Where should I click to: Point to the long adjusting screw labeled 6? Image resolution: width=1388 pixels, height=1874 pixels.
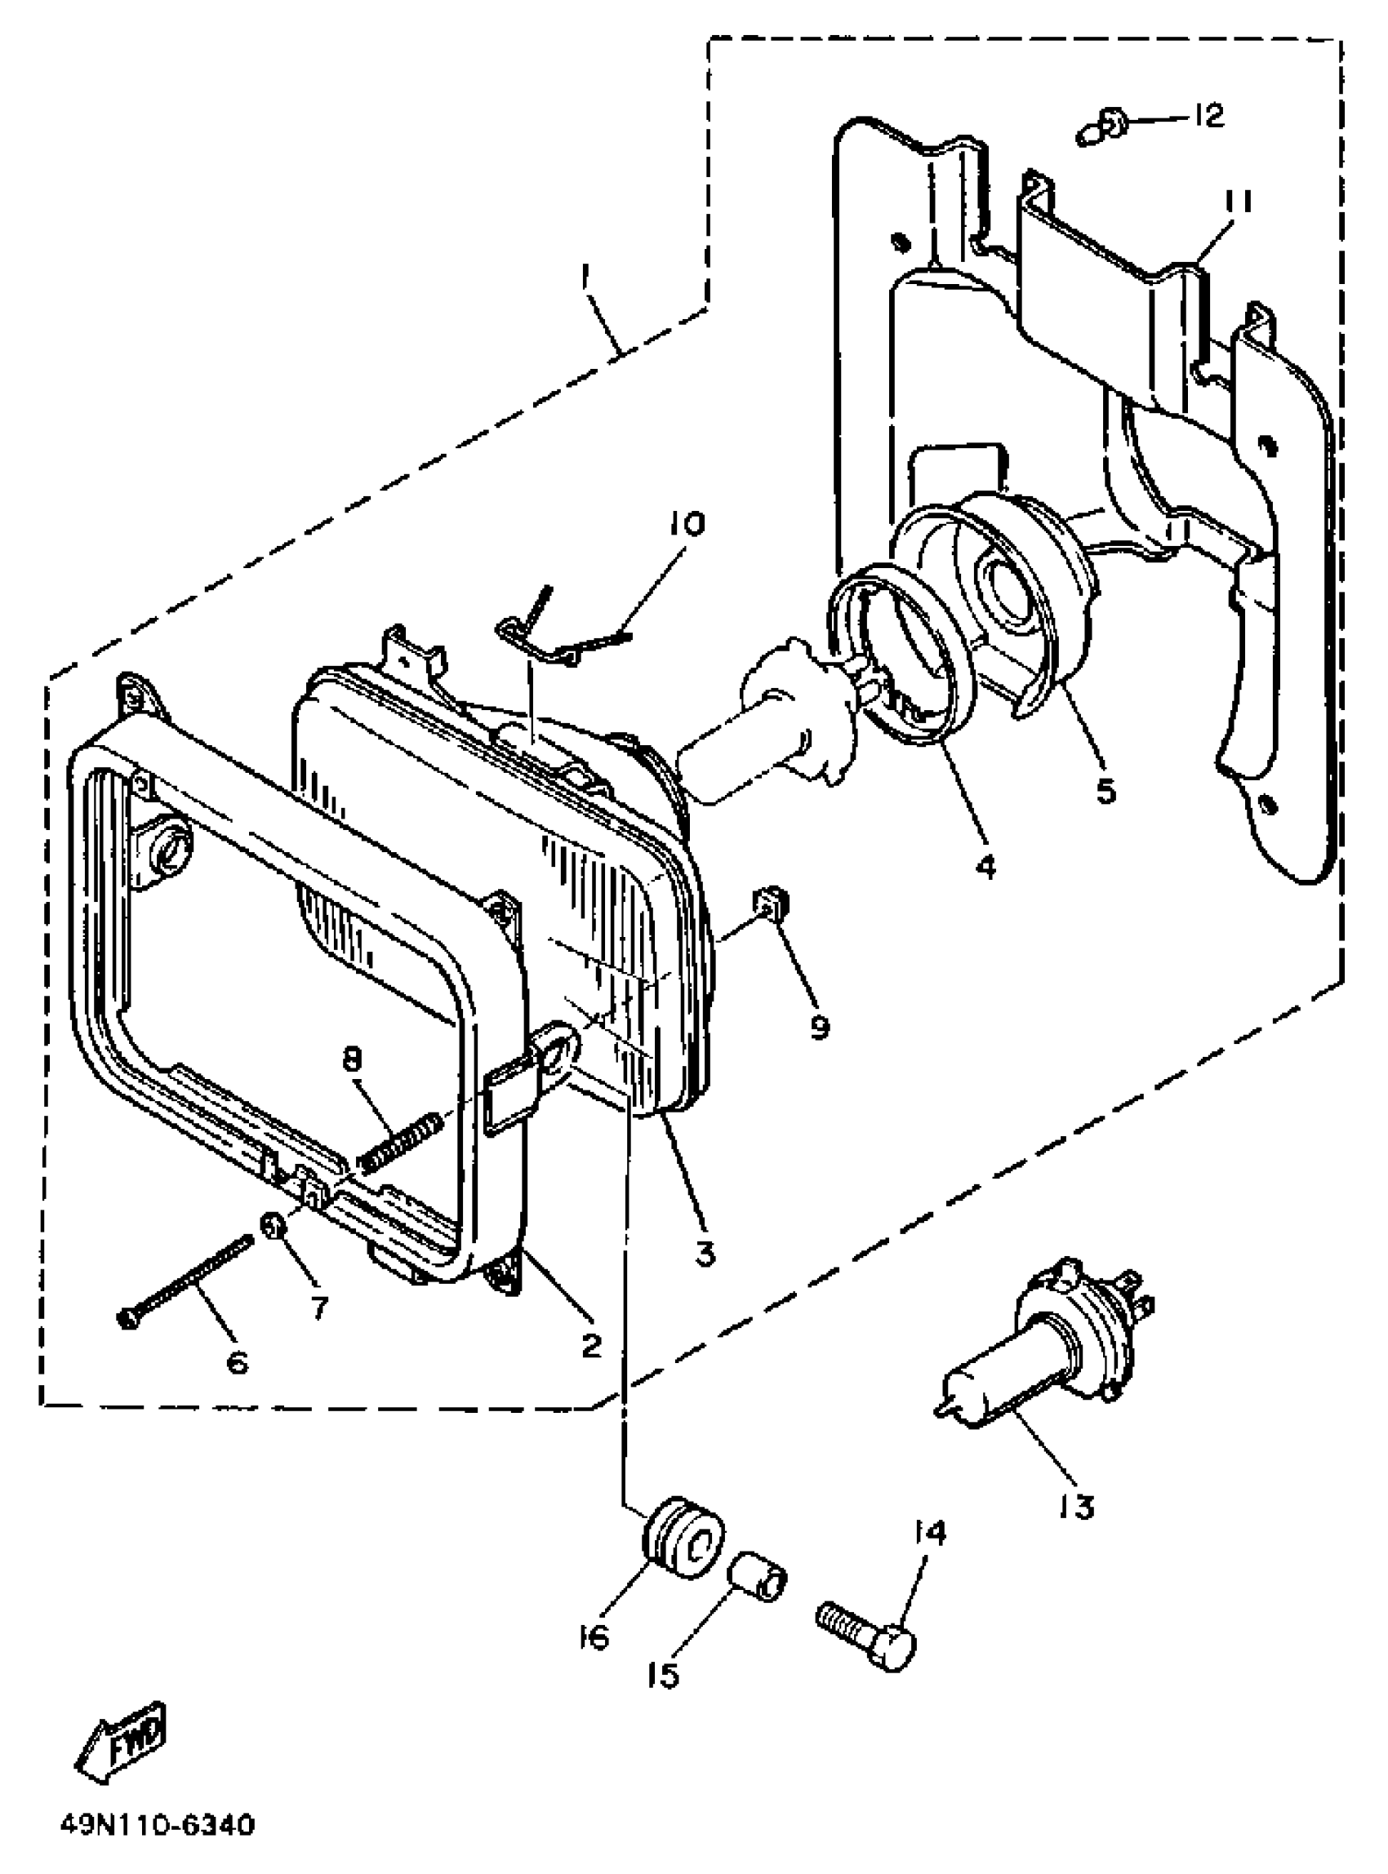pyautogui.click(x=185, y=1284)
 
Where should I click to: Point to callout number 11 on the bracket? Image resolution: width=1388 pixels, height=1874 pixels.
pyautogui.click(x=1237, y=203)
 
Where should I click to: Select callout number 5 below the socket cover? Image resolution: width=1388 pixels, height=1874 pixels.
pyautogui.click(x=1106, y=790)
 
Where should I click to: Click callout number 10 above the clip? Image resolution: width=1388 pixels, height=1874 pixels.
pyautogui.click(x=687, y=524)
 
